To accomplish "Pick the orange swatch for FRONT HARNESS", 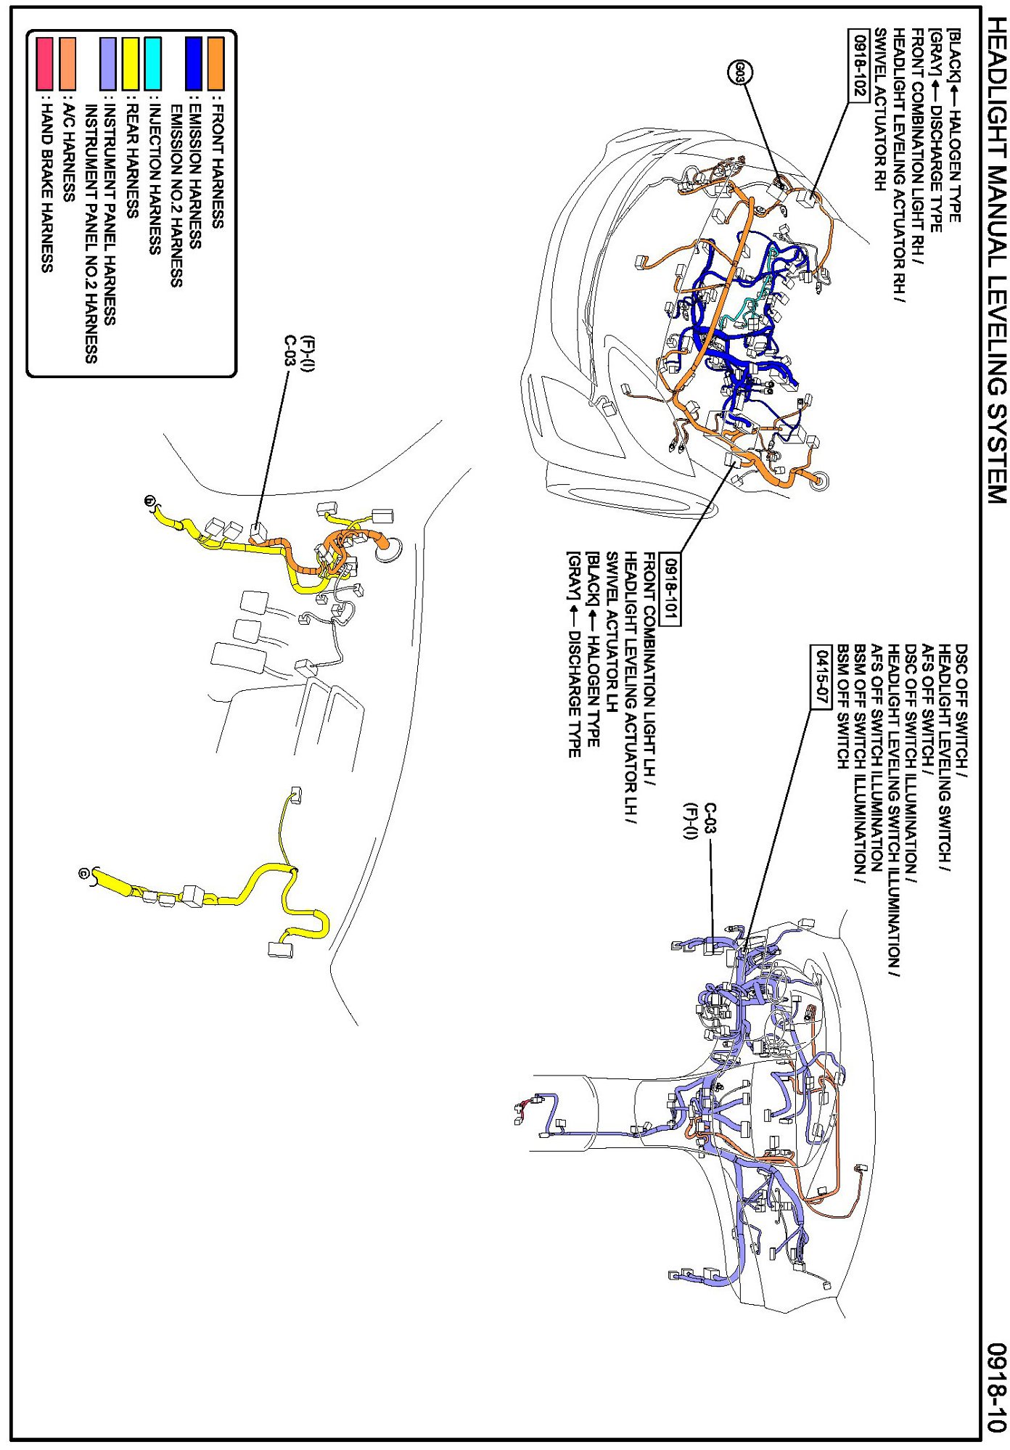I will click(x=215, y=64).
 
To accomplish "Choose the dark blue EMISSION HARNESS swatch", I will click(x=194, y=64).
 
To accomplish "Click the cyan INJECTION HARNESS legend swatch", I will click(x=152, y=64).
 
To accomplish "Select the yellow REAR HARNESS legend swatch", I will click(x=131, y=64).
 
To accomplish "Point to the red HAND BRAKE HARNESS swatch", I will click(x=45, y=64).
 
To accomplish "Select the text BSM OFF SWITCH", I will click(x=843, y=705).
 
